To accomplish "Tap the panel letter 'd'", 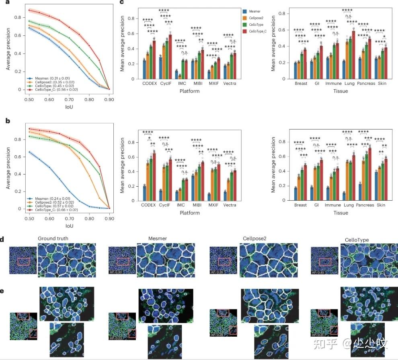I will (x=2, y=240).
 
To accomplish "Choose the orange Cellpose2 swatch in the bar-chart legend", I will (x=245, y=18).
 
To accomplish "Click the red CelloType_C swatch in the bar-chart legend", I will (x=245, y=31).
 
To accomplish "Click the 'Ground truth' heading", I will (x=53, y=239).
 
